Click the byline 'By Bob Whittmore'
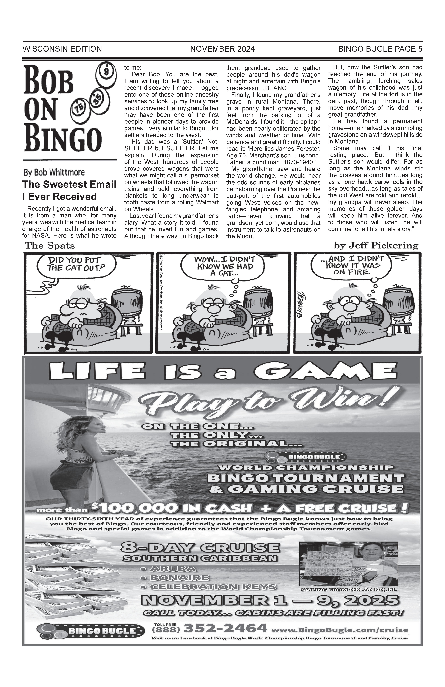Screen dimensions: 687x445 click(x=54, y=173)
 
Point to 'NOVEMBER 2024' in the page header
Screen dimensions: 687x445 click(x=222, y=49)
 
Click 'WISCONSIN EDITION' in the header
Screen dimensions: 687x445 click(x=62, y=49)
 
